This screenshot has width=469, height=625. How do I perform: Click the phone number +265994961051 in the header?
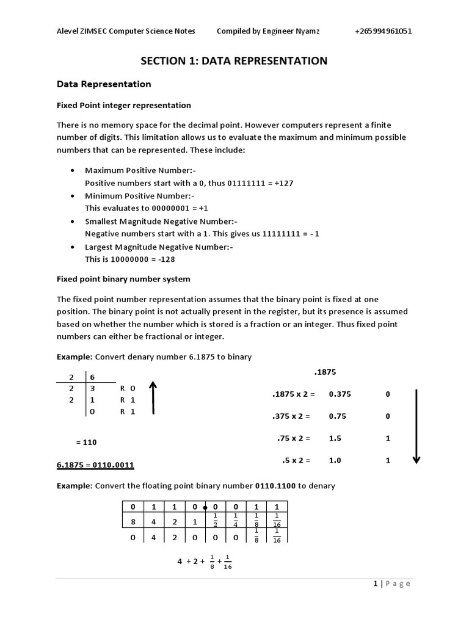point(382,32)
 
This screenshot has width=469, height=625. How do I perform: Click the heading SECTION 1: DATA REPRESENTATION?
point(234,60)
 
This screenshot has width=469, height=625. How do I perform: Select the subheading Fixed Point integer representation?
point(123,106)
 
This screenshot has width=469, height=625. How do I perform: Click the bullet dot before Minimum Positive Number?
point(73,196)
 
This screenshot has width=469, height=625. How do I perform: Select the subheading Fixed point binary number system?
point(123,279)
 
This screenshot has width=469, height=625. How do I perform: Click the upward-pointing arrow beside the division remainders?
point(153,397)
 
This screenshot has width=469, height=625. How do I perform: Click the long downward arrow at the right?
point(416,426)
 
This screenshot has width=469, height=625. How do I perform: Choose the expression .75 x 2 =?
point(294,438)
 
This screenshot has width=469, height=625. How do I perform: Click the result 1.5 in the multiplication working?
point(335,438)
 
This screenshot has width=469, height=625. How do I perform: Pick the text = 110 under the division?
point(86,442)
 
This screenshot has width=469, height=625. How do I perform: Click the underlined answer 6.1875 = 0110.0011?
point(95,465)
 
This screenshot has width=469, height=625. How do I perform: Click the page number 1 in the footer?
point(375,583)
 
